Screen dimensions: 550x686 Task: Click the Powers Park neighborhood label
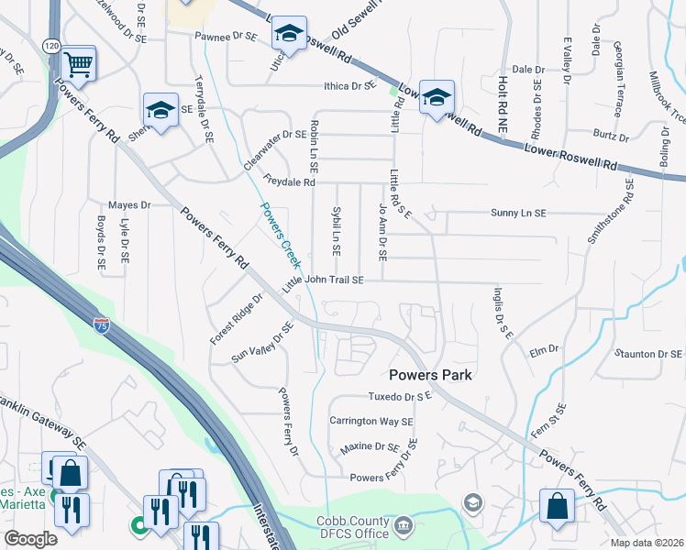pyautogui.click(x=430, y=374)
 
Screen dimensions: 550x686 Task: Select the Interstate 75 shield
pyautogui.click(x=100, y=324)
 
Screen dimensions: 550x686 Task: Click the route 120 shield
pyautogui.click(x=50, y=45)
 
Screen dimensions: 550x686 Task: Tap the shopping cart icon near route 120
pyautogui.click(x=80, y=63)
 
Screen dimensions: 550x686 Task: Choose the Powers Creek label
pyautogui.click(x=281, y=235)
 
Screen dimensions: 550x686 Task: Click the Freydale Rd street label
pyautogui.click(x=288, y=181)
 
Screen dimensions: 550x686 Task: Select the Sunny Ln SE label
pyautogui.click(x=517, y=213)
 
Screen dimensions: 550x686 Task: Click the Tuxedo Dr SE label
pyautogui.click(x=399, y=397)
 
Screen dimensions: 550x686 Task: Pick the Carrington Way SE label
pyautogui.click(x=371, y=422)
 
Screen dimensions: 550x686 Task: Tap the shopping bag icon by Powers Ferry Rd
pyautogui.click(x=557, y=506)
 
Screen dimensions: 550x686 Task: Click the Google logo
pyautogui.click(x=31, y=539)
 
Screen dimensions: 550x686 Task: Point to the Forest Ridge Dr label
pyautogui.click(x=236, y=318)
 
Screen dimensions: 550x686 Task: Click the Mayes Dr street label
pyautogui.click(x=128, y=205)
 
